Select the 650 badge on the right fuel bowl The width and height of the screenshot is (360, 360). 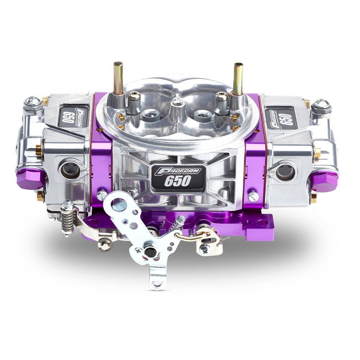pyautogui.click(x=280, y=117)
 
